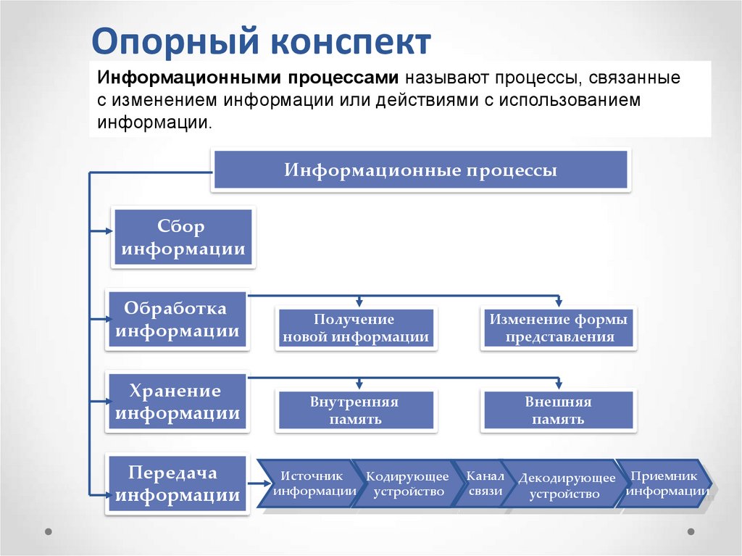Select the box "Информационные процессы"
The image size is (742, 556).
pyautogui.click(x=420, y=171)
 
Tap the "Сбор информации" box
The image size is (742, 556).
pyautogui.click(x=183, y=238)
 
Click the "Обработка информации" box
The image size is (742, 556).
pyautogui.click(x=178, y=320)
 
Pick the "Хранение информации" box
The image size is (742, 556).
pyautogui.click(x=178, y=402)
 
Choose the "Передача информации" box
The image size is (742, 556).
pyautogui.click(x=178, y=484)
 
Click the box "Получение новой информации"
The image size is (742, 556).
pyautogui.click(x=356, y=328)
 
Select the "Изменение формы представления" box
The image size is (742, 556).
pyautogui.click(x=559, y=328)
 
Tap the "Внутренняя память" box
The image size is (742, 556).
pyautogui.click(x=355, y=410)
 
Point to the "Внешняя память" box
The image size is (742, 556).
pyautogui.click(x=559, y=410)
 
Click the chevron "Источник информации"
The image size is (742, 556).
pyautogui.click(x=310, y=484)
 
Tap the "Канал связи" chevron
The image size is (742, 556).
pyautogui.click(x=484, y=484)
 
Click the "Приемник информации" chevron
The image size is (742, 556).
pyautogui.click(x=664, y=484)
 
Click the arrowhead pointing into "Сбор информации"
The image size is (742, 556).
pyautogui.click(x=108, y=231)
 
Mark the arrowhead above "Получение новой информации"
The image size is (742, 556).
pyautogui.click(x=359, y=301)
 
